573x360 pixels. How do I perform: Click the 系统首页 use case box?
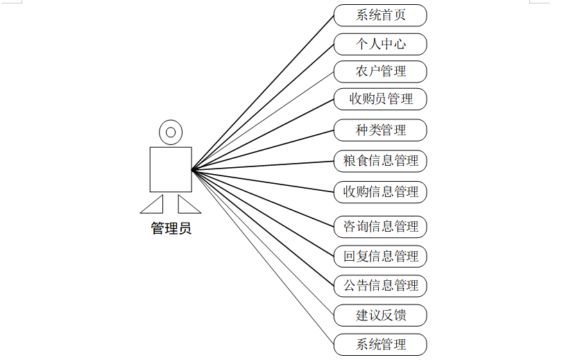(x=380, y=15)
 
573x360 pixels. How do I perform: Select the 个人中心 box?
(x=380, y=44)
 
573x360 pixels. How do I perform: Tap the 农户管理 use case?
(x=380, y=71)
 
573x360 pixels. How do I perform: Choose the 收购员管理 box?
(x=380, y=99)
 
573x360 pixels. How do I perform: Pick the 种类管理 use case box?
(x=380, y=130)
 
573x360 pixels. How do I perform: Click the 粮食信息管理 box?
(x=380, y=161)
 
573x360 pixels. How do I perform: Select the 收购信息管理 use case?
(x=380, y=191)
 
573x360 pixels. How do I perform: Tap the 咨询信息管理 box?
(x=380, y=226)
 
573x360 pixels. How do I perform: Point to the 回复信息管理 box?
(x=380, y=256)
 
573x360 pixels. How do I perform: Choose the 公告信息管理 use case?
(x=380, y=285)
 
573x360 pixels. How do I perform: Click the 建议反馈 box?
(x=380, y=316)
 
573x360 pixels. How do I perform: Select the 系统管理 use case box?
(x=380, y=344)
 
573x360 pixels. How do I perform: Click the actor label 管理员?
(x=171, y=228)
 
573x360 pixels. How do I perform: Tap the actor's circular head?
(x=171, y=130)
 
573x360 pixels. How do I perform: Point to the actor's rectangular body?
(x=171, y=169)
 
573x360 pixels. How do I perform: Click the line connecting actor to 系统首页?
(x=263, y=92)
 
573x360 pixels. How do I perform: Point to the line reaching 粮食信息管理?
(x=263, y=165)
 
